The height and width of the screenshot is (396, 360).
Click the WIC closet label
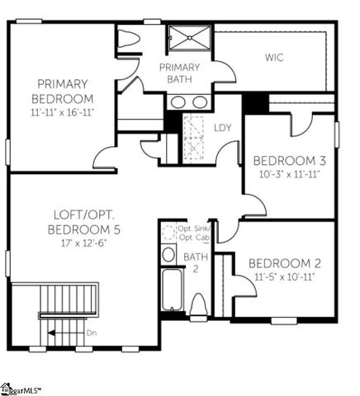coord(274,58)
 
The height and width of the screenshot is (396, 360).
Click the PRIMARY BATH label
coord(179,73)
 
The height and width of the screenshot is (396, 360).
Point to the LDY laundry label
coord(223,128)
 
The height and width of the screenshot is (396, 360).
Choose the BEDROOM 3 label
coord(285,160)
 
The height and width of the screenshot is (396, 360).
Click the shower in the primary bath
coord(190,39)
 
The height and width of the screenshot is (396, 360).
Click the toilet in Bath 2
coord(198,304)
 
